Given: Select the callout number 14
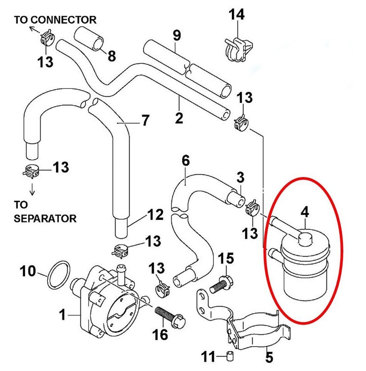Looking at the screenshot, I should (237, 15).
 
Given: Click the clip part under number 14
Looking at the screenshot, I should (237, 49).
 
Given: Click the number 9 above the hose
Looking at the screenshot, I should (176, 36).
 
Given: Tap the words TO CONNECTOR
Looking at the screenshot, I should (55, 19).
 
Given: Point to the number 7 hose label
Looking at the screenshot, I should (145, 121).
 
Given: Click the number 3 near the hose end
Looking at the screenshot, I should (241, 178).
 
